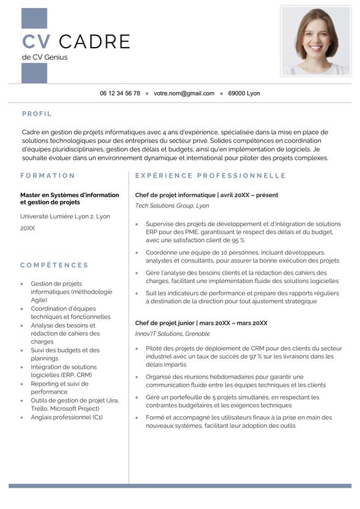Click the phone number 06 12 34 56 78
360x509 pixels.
[x=120, y=93]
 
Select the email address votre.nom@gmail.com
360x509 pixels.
[x=184, y=93]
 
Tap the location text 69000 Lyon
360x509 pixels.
[x=244, y=93]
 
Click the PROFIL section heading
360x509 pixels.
[x=37, y=114]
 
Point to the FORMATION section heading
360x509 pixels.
[x=48, y=176]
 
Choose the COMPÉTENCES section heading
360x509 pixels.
[x=54, y=265]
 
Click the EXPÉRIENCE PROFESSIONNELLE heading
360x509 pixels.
[x=211, y=176]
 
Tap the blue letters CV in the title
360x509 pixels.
[x=37, y=42]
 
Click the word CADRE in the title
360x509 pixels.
[x=95, y=42]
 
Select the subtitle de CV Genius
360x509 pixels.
[x=45, y=57]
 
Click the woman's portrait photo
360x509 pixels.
[x=315, y=41]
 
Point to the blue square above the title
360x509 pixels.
[x=34, y=18]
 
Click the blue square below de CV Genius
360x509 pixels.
[x=34, y=73]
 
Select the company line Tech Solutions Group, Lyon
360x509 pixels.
[x=172, y=206]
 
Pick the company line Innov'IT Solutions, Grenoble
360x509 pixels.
[x=173, y=334]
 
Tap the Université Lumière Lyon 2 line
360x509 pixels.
[x=65, y=216]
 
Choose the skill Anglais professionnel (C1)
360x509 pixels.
[x=67, y=417]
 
